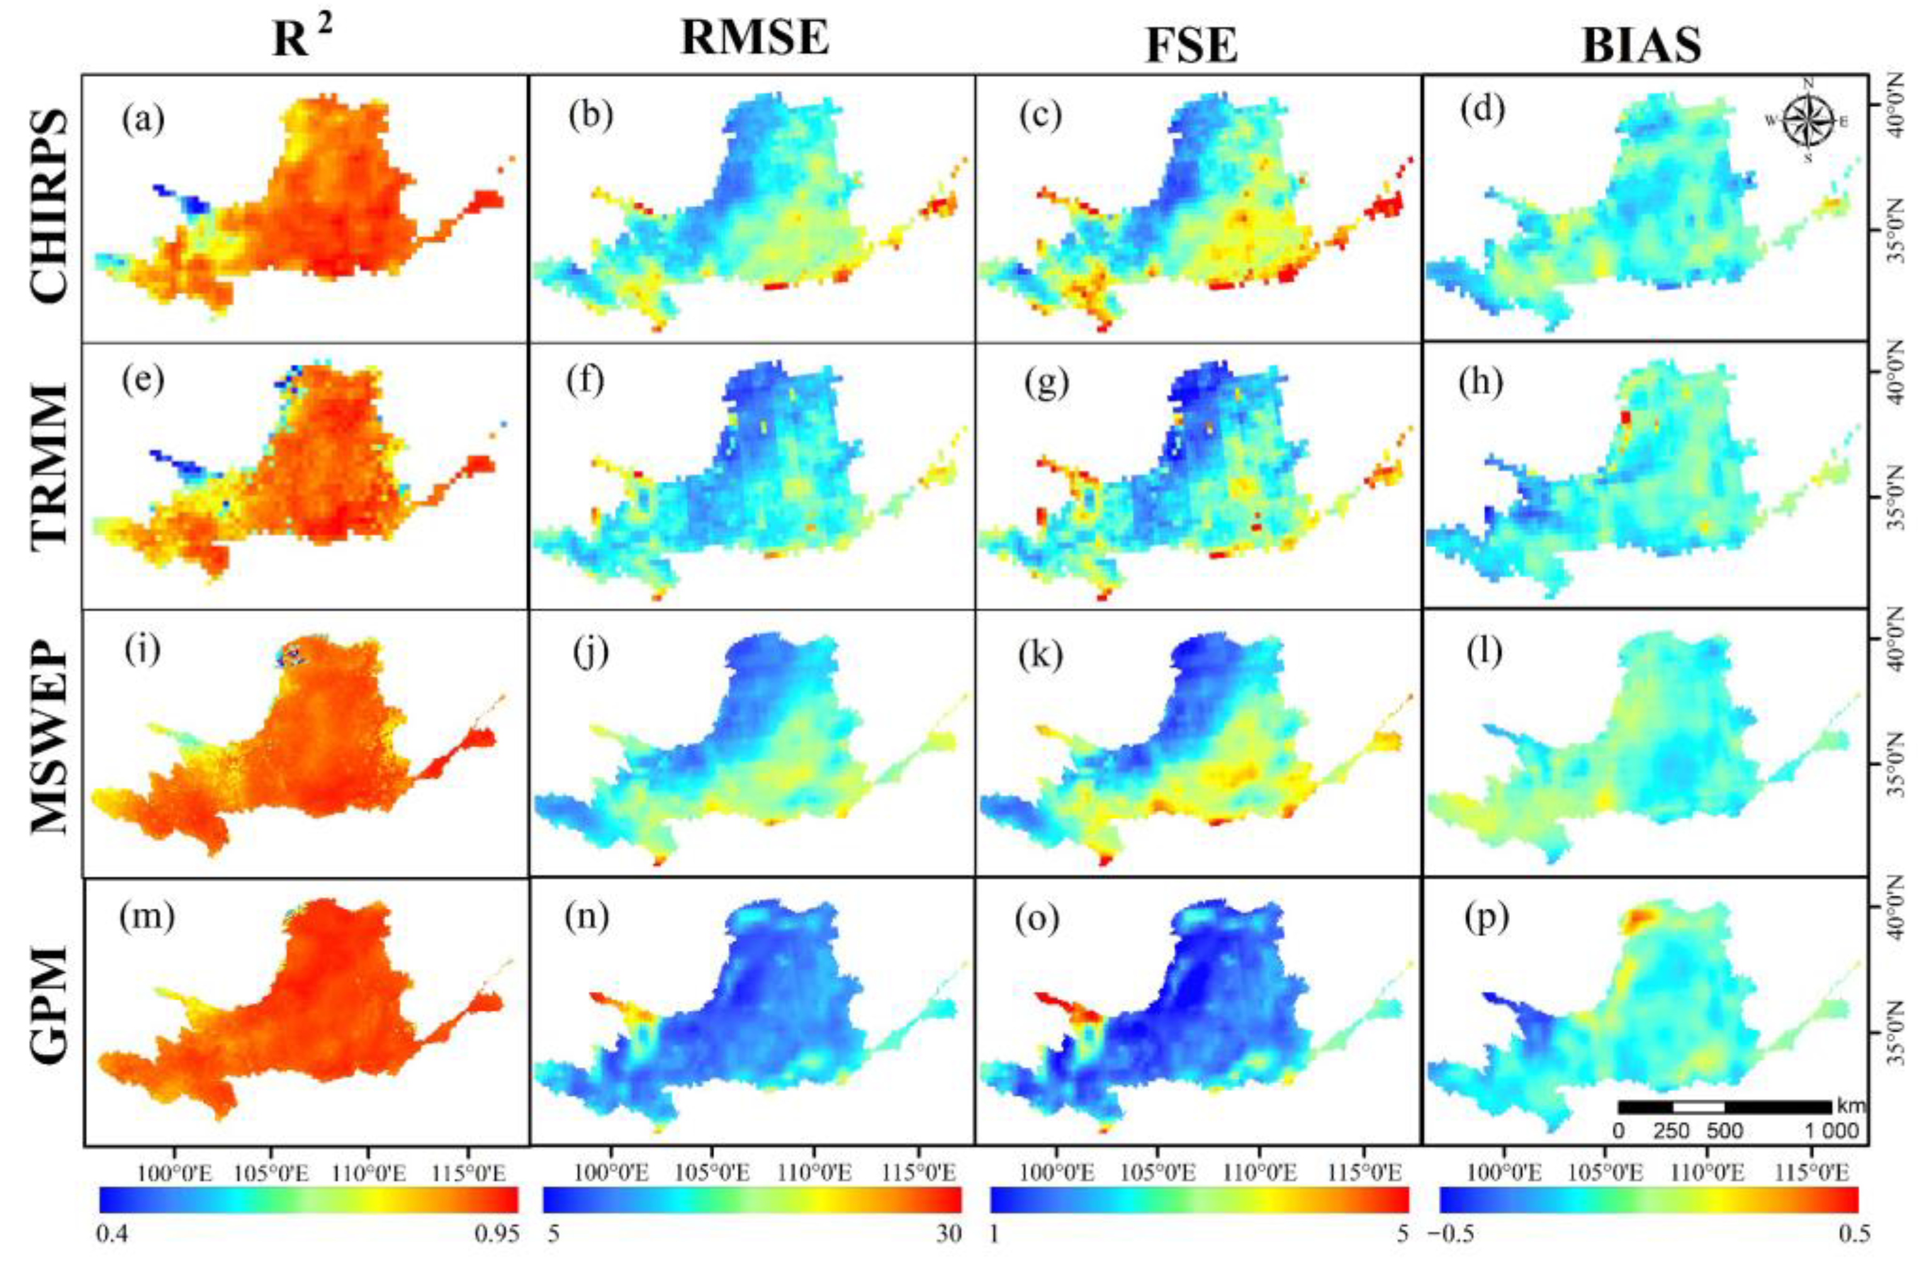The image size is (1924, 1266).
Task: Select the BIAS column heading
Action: click(1641, 45)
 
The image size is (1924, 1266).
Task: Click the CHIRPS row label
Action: click(48, 206)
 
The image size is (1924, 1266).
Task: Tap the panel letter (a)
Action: click(143, 119)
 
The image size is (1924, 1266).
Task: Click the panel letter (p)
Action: click(1486, 919)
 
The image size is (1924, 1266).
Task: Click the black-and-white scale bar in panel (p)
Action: click(1723, 1107)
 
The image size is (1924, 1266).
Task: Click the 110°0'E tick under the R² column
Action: click(369, 1172)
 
